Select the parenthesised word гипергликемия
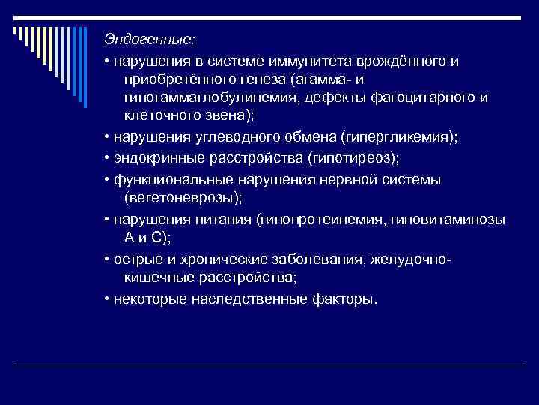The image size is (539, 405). (x=394, y=138)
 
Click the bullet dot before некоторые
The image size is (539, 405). (x=108, y=299)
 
